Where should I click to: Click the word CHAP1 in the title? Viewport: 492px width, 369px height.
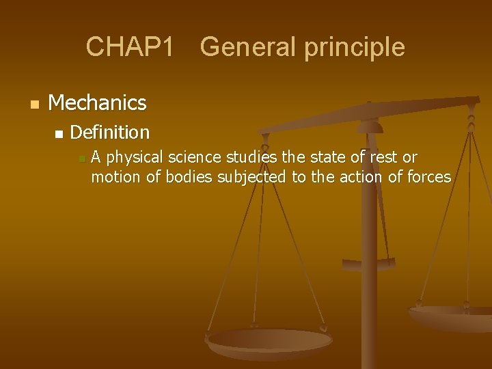pos(130,47)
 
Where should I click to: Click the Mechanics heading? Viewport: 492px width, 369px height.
pos(98,103)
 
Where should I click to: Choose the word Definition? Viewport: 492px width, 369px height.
pos(109,132)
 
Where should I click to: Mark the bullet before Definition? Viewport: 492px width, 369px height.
pos(59,133)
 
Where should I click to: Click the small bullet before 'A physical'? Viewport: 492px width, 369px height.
pos(81,159)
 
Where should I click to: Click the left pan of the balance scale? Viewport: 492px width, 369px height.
pos(269,342)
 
